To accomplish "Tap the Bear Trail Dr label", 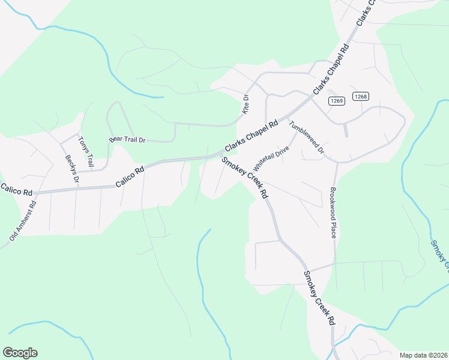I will click(127, 139).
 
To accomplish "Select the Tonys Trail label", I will click(86, 152).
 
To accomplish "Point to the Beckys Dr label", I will click(71, 169).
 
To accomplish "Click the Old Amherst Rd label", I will click(23, 221).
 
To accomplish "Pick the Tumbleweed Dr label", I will click(306, 137).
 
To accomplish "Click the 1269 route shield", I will click(336, 101).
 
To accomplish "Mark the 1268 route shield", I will click(360, 96).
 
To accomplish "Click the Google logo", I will click(20, 353).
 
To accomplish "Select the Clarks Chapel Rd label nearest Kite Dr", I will click(252, 136).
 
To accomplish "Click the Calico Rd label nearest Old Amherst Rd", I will click(16, 190).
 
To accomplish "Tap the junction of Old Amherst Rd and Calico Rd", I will click(36, 193).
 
